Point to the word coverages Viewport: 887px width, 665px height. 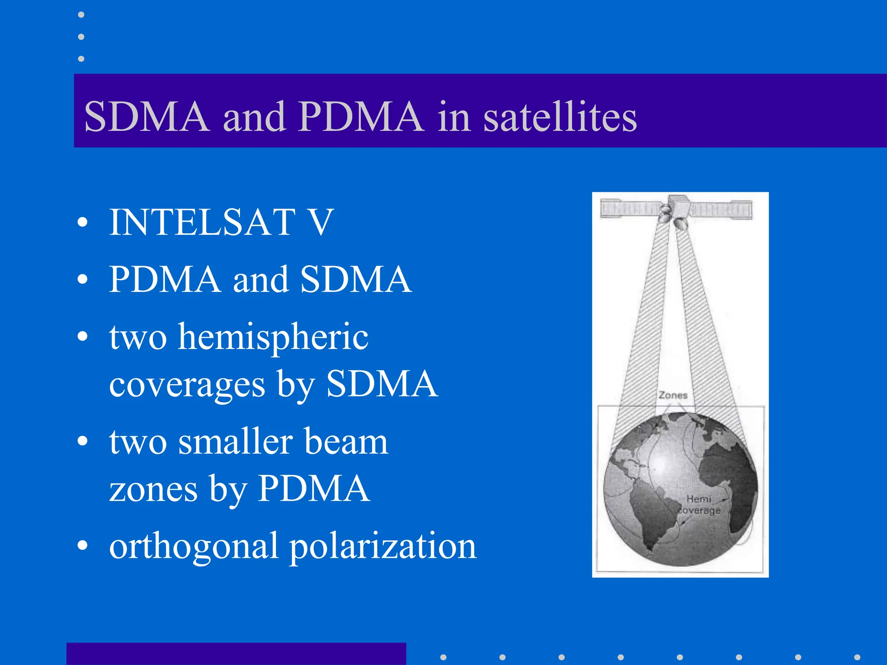187,384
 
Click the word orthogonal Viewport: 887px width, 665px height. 193,546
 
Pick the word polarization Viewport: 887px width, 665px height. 383,546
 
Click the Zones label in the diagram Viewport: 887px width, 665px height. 673,395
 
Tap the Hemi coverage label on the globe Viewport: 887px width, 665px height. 699,505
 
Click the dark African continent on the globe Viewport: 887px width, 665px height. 728,476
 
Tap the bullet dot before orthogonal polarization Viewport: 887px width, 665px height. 82,546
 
